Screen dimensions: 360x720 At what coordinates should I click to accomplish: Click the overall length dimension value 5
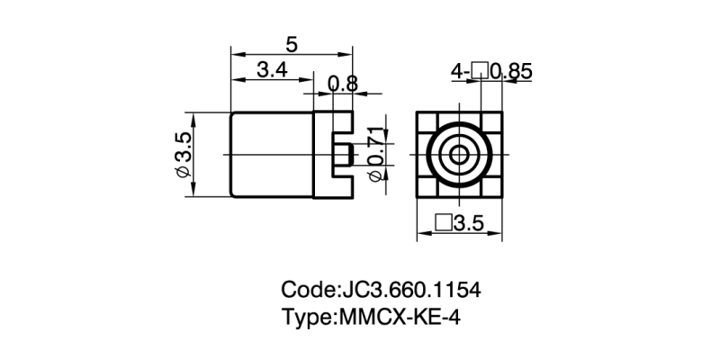(x=291, y=43)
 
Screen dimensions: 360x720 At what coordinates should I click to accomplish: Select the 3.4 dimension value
(x=272, y=70)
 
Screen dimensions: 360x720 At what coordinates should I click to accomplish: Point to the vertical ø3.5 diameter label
(x=183, y=154)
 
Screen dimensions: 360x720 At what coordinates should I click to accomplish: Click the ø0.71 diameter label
(x=379, y=154)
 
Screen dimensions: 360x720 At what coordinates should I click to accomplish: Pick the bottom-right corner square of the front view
(x=493, y=187)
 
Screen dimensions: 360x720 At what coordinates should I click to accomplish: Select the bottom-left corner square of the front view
(x=427, y=187)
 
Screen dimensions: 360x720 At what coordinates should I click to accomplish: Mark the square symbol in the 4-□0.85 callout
(x=479, y=70)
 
